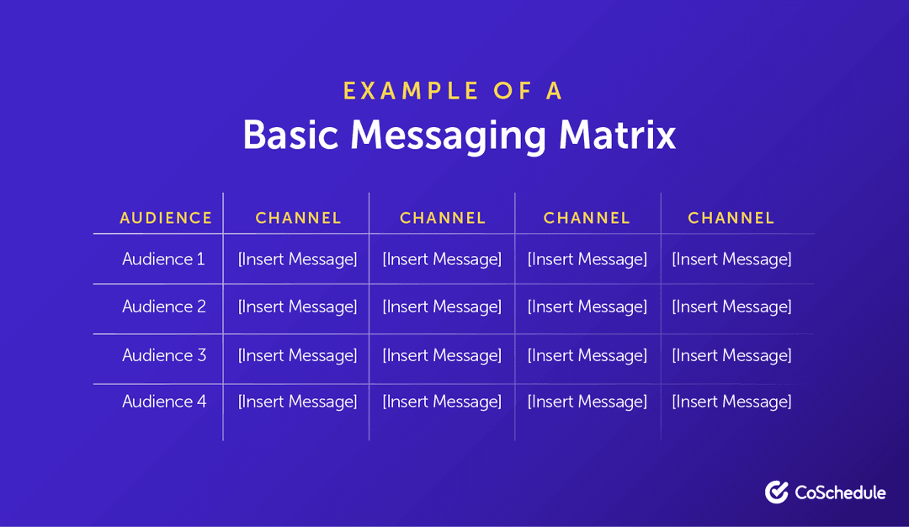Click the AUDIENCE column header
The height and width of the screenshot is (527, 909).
[x=166, y=218]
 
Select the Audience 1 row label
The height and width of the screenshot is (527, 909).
[x=163, y=259]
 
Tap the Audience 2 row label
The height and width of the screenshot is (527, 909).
[x=164, y=306]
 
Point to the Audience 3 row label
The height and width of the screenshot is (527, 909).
[x=164, y=355]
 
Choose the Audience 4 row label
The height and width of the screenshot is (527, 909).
[x=164, y=402]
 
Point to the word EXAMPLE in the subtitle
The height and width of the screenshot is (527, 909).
[x=401, y=91]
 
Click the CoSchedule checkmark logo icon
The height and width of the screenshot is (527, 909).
[x=776, y=492]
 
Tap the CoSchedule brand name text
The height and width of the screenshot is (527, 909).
[x=840, y=492]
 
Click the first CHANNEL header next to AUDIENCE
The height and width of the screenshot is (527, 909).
[x=298, y=218]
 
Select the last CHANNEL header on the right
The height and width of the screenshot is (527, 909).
[x=731, y=218]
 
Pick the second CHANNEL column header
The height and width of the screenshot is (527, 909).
[x=443, y=218]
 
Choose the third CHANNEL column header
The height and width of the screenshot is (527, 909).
[x=587, y=218]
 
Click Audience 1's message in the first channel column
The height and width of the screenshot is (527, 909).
[x=298, y=259]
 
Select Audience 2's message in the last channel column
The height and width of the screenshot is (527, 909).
[x=731, y=306]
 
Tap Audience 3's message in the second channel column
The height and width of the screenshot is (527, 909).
[x=442, y=355]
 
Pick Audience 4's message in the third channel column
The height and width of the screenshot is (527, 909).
[x=587, y=402]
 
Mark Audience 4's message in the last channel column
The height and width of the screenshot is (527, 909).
[x=731, y=402]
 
